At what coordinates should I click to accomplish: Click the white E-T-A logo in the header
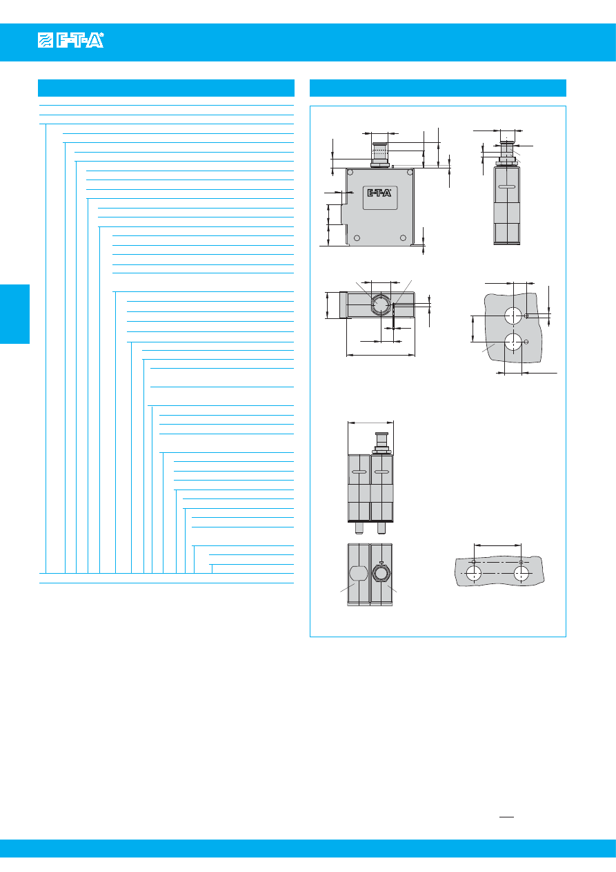pyautogui.click(x=70, y=40)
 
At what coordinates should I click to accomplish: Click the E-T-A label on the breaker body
pyautogui.click(x=379, y=193)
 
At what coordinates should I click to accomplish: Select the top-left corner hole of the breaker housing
pyautogui.click(x=350, y=172)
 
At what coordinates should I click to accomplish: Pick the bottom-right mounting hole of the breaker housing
pyautogui.click(x=403, y=238)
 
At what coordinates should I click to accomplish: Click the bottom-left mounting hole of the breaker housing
pyautogui.click(x=357, y=238)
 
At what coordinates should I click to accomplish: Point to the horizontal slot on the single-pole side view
pyautogui.click(x=507, y=186)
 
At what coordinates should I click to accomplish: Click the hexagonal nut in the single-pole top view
pyautogui.click(x=380, y=304)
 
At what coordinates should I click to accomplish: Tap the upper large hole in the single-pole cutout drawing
pyautogui.click(x=513, y=316)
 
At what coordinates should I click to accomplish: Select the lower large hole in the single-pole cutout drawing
pyautogui.click(x=513, y=342)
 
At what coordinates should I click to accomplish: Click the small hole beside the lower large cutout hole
pyautogui.click(x=526, y=342)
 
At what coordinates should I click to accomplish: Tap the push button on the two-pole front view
pyautogui.click(x=381, y=443)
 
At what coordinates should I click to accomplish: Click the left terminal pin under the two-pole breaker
pyautogui.click(x=359, y=527)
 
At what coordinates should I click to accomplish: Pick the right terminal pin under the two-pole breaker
pyautogui.click(x=381, y=527)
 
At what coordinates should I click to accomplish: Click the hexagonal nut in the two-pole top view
pyautogui.click(x=381, y=573)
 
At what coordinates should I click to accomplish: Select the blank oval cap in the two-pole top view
pyautogui.click(x=359, y=573)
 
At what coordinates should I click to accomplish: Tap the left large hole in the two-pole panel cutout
pyautogui.click(x=474, y=574)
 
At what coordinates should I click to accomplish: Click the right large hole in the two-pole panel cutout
pyautogui.click(x=521, y=574)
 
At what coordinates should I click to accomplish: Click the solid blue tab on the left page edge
pyautogui.click(x=14, y=314)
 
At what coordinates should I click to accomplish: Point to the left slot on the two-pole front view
pyautogui.click(x=359, y=473)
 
